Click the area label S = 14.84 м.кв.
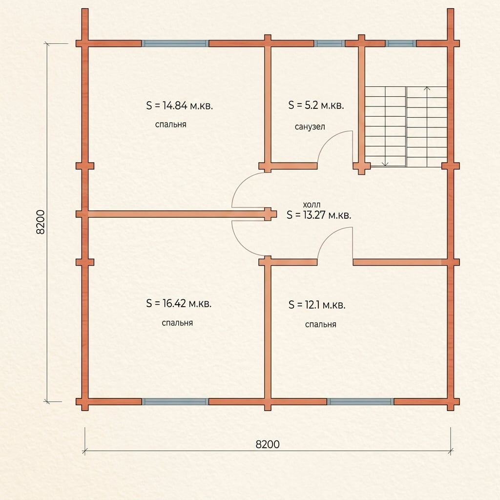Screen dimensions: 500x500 pyautogui.click(x=180, y=105)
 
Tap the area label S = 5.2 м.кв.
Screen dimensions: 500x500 pyautogui.click(x=316, y=105)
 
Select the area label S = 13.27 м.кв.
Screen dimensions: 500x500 pyautogui.click(x=319, y=215)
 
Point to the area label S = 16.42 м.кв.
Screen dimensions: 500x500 pyautogui.click(x=179, y=303)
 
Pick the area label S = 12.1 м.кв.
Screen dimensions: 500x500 pyautogui.click(x=317, y=305)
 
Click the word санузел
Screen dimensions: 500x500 pyautogui.click(x=310, y=126)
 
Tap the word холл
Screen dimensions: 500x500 pyautogui.click(x=312, y=205)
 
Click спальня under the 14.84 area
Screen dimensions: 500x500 pyautogui.click(x=170, y=125)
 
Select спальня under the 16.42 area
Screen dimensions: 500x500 pyautogui.click(x=177, y=323)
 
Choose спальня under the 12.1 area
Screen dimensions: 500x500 pyautogui.click(x=320, y=324)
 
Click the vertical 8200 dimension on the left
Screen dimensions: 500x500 pyautogui.click(x=41, y=222)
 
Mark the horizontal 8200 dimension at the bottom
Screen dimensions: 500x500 pyautogui.click(x=268, y=444)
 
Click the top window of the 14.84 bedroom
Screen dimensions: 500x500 pyautogui.click(x=175, y=43)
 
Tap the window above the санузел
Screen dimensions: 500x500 pyautogui.click(x=330, y=43)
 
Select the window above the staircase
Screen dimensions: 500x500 pyautogui.click(x=401, y=43)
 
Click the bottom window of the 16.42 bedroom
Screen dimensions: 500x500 pyautogui.click(x=175, y=401)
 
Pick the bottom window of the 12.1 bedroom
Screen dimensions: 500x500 pyautogui.click(x=360, y=401)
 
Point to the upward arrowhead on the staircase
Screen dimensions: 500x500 pyautogui.click(x=427, y=88)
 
